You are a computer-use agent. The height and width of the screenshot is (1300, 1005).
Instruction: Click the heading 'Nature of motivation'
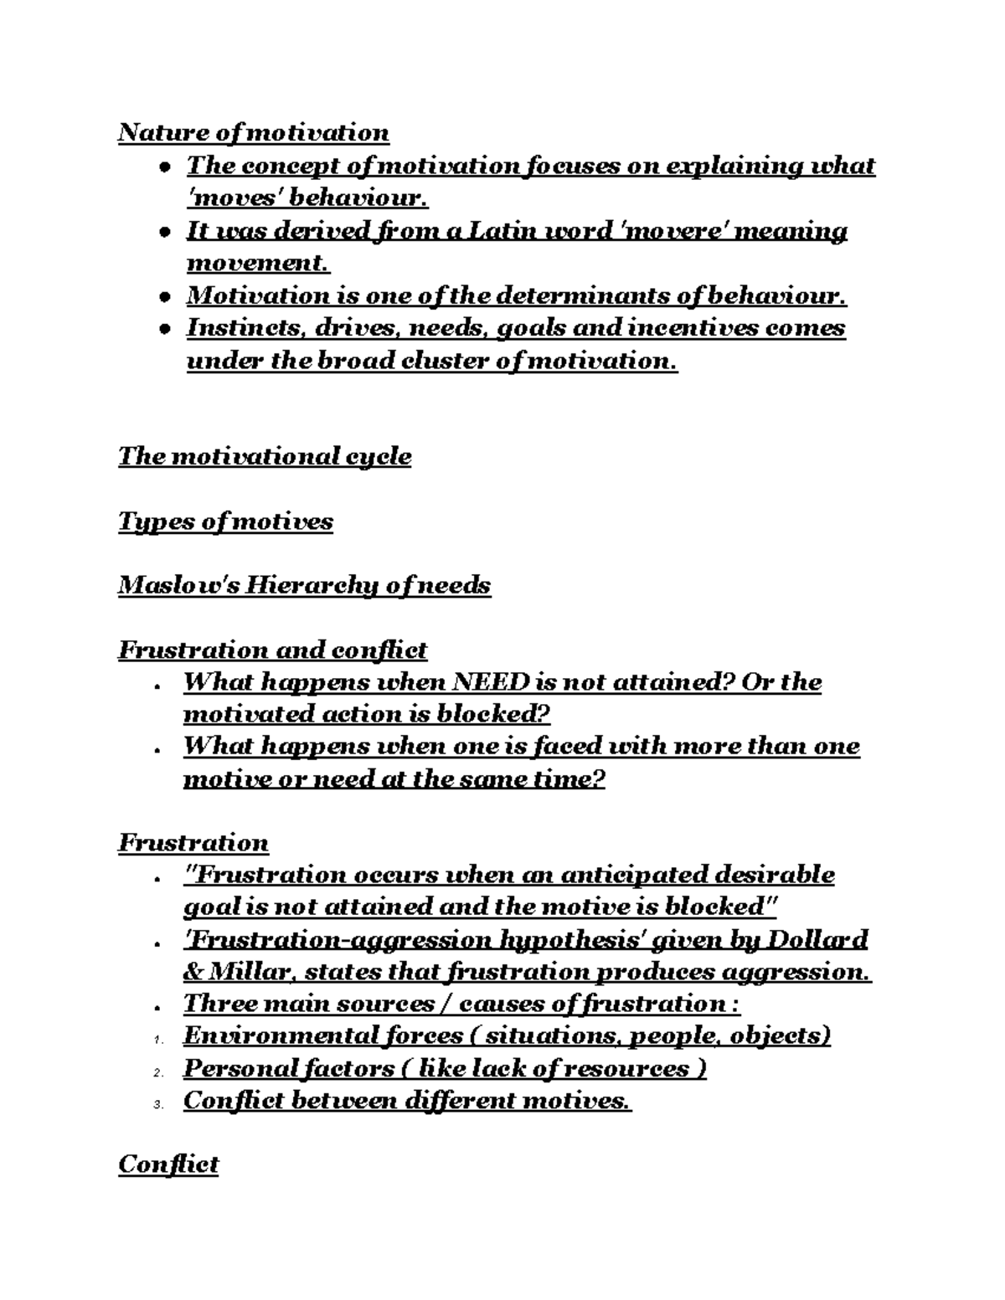tap(253, 132)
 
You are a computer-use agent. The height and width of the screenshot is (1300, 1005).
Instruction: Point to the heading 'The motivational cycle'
tap(265, 456)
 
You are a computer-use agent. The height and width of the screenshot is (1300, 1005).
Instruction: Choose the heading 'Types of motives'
tap(225, 522)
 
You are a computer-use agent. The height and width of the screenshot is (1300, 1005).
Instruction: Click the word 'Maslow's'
tap(178, 585)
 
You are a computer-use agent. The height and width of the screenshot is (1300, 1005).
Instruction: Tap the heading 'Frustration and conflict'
tap(272, 650)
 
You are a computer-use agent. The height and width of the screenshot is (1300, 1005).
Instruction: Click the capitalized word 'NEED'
tap(490, 682)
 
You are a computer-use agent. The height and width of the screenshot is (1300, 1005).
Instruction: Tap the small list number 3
tap(157, 1105)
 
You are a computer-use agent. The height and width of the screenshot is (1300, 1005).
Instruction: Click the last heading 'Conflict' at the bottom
tap(168, 1164)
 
